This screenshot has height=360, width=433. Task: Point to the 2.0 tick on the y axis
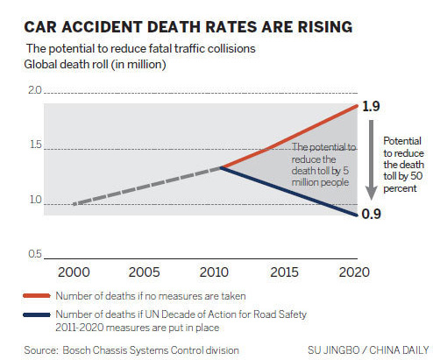35,91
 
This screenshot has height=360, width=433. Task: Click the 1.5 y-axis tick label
35,145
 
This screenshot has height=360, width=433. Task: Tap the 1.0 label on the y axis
35,200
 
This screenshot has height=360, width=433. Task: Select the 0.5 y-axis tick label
35,254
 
